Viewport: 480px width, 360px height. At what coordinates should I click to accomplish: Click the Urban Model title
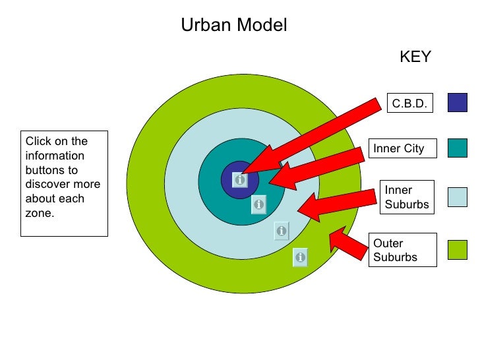(234, 26)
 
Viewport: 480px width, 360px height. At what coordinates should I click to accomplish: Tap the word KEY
(415, 57)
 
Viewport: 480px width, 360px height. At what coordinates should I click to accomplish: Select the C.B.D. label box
(409, 104)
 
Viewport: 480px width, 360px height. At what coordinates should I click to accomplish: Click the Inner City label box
(398, 148)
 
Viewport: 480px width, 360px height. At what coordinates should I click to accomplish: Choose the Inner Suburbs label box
(407, 197)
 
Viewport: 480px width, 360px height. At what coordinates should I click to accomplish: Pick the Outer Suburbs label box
(403, 250)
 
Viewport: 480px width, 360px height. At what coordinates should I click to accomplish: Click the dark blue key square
(457, 102)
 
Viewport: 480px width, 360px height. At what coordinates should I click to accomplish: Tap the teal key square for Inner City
(457, 148)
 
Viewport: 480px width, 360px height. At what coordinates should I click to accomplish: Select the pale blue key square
(457, 197)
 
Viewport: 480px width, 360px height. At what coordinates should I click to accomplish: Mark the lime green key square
(457, 250)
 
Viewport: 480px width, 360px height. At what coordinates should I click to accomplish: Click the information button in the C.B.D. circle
(240, 179)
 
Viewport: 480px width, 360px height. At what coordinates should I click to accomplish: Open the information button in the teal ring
(258, 205)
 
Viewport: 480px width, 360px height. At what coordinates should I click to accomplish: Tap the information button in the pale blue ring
(282, 231)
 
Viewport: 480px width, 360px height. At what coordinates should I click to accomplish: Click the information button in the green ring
(300, 257)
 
